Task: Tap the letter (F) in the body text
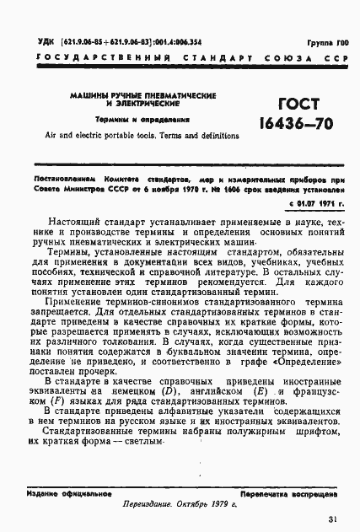pos(57,402)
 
